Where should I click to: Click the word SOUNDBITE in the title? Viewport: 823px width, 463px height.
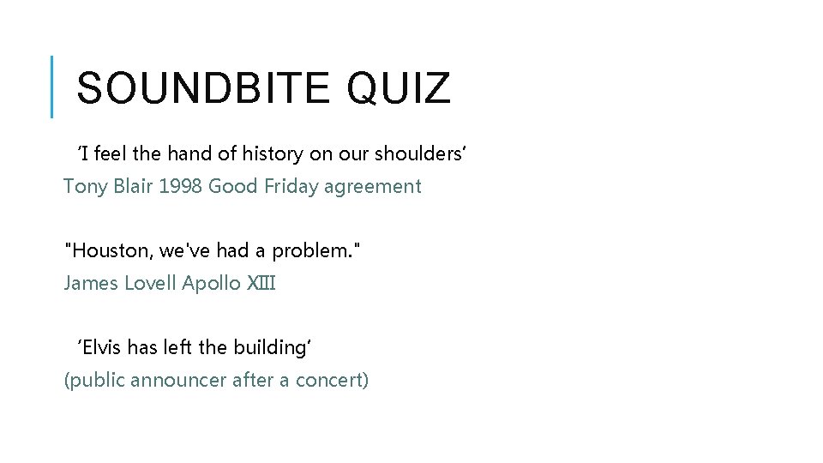202,88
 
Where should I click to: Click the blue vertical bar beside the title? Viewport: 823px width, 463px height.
52,87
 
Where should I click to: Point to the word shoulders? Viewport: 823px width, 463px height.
418,154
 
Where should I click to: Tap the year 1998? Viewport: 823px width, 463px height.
181,186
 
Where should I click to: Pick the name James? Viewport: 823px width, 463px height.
91,283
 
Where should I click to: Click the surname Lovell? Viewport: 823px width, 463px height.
151,283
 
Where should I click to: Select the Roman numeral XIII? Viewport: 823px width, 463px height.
261,283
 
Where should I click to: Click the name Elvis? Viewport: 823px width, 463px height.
102,347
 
